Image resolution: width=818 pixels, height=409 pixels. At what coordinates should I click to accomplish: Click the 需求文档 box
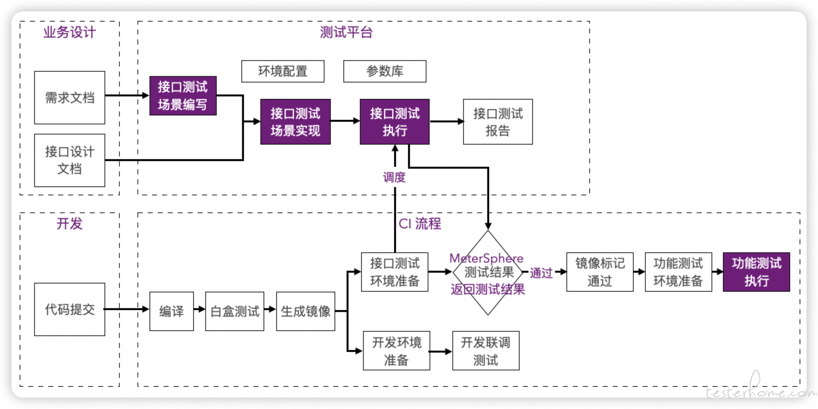(69, 98)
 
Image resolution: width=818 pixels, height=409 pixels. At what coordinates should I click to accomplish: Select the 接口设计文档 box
(69, 160)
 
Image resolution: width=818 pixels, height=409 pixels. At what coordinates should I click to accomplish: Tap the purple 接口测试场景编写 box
(183, 96)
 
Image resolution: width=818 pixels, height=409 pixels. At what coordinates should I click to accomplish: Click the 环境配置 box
(282, 71)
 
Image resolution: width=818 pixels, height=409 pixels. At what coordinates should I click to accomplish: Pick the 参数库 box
(385, 71)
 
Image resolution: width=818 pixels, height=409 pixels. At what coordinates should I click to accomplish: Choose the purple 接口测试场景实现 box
(295, 122)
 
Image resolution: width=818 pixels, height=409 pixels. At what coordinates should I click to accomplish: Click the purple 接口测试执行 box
(395, 122)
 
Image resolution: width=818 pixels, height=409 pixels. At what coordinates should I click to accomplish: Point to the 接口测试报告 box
(498, 122)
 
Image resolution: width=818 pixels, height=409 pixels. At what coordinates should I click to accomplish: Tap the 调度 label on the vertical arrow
(394, 177)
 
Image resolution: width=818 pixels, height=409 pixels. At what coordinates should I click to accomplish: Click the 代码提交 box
(69, 309)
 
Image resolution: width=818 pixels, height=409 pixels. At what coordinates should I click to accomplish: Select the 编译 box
(172, 311)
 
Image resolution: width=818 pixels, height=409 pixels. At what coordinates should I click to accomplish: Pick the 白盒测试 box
(235, 311)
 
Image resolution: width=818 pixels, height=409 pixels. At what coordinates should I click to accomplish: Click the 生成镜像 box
(305, 311)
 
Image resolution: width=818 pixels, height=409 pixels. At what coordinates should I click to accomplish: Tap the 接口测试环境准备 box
(395, 272)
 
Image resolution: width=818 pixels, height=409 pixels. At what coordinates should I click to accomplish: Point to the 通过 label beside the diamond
(541, 273)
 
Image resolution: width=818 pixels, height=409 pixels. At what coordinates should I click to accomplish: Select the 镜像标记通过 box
(600, 272)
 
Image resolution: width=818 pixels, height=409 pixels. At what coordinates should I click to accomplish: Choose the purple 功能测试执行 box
(756, 272)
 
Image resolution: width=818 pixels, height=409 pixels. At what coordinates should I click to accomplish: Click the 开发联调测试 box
(486, 351)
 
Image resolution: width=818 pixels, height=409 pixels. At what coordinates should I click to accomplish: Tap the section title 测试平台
(346, 32)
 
